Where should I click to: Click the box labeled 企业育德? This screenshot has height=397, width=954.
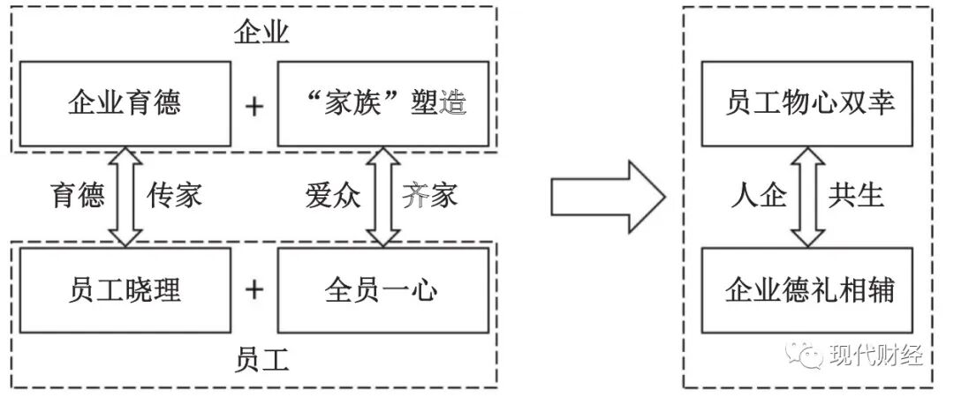click(x=125, y=104)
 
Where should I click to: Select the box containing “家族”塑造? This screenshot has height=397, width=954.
click(x=382, y=104)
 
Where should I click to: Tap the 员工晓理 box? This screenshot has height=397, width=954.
click(x=125, y=289)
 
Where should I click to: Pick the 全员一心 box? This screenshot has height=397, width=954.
click(x=382, y=289)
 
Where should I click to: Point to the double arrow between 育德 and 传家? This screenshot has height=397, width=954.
click(x=125, y=196)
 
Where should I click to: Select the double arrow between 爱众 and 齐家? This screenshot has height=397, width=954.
click(x=382, y=196)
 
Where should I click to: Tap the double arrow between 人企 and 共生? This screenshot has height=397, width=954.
click(x=808, y=196)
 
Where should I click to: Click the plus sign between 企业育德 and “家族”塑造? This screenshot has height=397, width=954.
click(x=254, y=106)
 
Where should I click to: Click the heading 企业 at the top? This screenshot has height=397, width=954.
click(x=262, y=34)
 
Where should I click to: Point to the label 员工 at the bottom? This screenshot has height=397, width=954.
click(x=262, y=361)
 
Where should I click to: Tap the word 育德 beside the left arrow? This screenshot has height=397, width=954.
click(x=78, y=195)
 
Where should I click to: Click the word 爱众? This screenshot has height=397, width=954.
click(x=333, y=195)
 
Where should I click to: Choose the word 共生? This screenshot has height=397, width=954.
click(x=856, y=195)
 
